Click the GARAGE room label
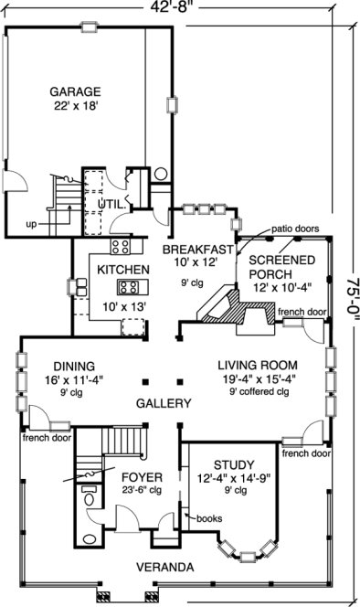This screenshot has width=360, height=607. [75, 91]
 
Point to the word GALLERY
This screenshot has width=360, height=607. [164, 403]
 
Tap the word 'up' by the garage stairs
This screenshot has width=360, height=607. [31, 224]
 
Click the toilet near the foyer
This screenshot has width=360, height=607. [90, 498]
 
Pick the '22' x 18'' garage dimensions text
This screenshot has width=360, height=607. [75, 106]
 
